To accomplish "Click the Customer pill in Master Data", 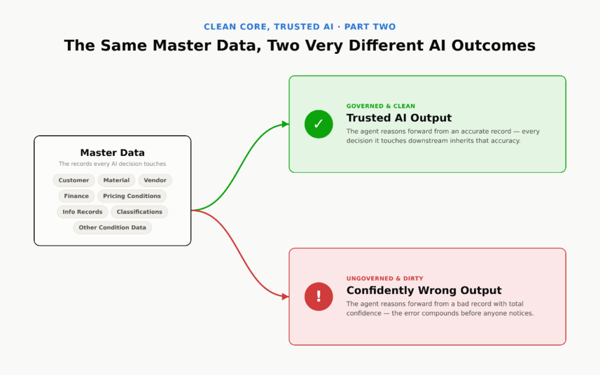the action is tap(73, 180).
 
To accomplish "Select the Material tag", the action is tap(117, 180).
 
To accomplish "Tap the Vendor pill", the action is tap(155, 180).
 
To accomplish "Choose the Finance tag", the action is tap(76, 196).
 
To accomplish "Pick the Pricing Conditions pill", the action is tap(132, 196).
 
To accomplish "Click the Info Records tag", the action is tap(82, 212).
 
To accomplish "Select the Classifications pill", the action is tap(139, 212).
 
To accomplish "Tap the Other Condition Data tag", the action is tap(112, 227).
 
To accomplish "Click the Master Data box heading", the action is tap(112, 153).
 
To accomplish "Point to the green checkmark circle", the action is tap(318, 124).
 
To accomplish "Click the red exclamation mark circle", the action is tap(318, 296).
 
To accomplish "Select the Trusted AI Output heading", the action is tap(398, 118).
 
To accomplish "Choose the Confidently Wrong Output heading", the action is tap(424, 291).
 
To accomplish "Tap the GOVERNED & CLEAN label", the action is tap(380, 106).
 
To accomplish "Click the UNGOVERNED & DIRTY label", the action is tap(384, 278).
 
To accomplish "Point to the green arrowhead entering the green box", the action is tap(285, 124).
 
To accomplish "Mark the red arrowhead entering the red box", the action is tap(285, 296).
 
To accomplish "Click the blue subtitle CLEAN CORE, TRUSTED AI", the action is tap(268, 27).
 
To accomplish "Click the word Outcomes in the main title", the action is tap(493, 46).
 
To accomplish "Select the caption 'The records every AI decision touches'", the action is tap(112, 164).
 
